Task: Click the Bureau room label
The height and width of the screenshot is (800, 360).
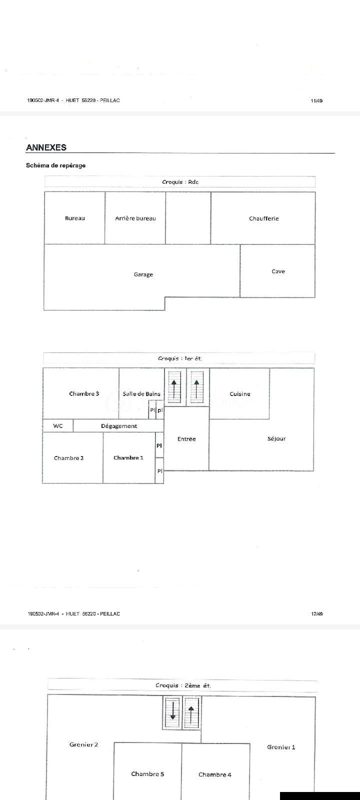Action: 75,218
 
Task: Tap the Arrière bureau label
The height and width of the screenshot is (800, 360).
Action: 135,218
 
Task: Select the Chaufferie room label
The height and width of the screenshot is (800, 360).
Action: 264,218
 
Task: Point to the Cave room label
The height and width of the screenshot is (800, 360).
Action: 278,271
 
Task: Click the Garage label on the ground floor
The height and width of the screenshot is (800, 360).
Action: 143,274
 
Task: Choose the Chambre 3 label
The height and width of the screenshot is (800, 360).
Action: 84,393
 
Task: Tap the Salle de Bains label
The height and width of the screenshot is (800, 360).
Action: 141,393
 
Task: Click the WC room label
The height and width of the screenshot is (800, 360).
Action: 58,425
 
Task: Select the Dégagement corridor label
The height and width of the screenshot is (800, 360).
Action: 119,426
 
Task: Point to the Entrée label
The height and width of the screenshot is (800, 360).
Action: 186,439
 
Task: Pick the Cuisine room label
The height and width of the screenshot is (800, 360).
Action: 240,394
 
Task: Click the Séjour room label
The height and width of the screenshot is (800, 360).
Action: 276,438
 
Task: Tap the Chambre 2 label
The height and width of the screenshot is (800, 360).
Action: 68,458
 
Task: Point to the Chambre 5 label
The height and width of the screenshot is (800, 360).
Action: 147,774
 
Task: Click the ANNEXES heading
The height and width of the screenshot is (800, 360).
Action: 46,147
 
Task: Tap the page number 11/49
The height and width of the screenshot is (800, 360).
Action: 317,100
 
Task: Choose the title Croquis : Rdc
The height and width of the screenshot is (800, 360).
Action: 180,182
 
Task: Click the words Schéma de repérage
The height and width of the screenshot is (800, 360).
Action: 55,165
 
